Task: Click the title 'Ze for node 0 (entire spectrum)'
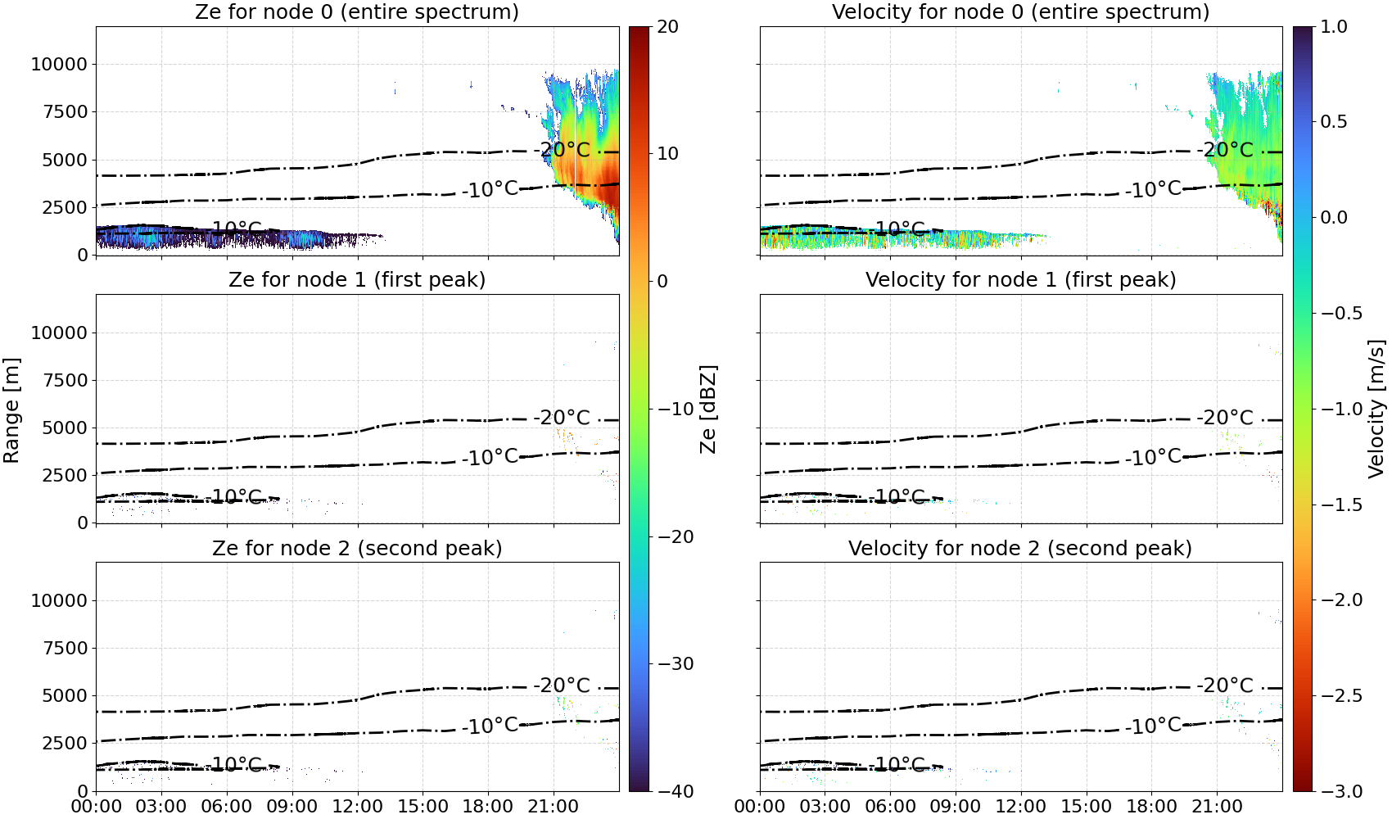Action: tap(357, 11)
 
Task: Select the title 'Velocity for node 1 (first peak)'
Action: tap(1020, 279)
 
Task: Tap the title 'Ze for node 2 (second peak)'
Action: tap(357, 548)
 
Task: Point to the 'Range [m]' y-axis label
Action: tap(11, 409)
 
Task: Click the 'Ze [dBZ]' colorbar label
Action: tap(707, 409)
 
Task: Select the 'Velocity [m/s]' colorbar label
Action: tap(1377, 408)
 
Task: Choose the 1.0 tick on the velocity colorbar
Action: tap(1334, 27)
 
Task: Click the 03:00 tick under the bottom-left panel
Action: tap(161, 807)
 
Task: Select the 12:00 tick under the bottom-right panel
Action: tap(1020, 807)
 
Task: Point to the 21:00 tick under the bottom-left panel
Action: tap(554, 807)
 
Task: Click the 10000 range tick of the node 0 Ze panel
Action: tap(60, 64)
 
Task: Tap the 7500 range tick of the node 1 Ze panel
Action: tap(66, 380)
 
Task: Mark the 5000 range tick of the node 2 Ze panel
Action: tap(66, 696)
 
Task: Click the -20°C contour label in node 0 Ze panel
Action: tap(562, 150)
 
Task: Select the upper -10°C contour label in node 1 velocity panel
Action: tap(1153, 457)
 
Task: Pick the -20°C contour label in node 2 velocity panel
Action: tap(1225, 686)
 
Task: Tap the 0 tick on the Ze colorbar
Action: tap(662, 282)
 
